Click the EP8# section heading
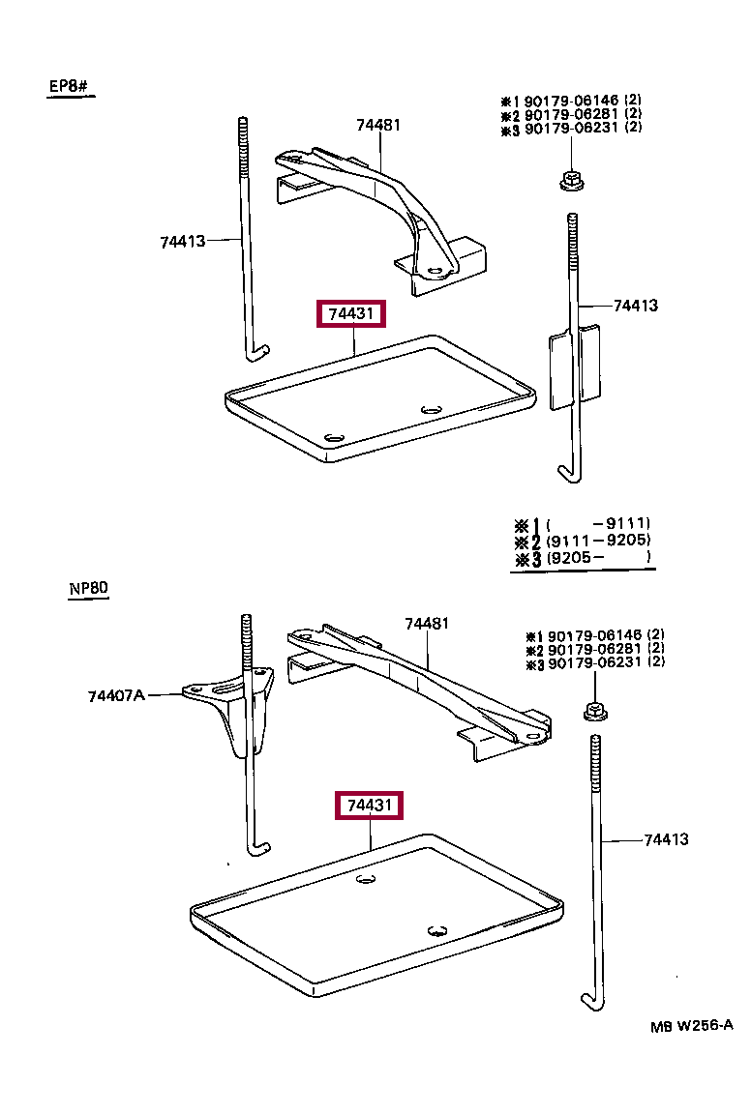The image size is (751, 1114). [x=69, y=87]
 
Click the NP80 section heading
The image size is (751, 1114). [x=88, y=588]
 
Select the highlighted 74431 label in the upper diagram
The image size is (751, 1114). [x=351, y=314]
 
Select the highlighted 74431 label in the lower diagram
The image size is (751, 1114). [x=369, y=806]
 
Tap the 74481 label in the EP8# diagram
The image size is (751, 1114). [x=377, y=125]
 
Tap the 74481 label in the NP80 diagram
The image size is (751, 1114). [x=426, y=624]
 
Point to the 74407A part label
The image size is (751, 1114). [x=116, y=694]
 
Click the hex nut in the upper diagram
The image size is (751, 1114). [x=569, y=180]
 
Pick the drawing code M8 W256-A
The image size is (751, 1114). [x=692, y=1026]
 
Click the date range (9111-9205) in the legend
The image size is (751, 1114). [x=598, y=541]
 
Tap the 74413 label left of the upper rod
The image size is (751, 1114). [x=183, y=241]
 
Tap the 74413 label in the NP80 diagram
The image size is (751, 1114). [x=666, y=839]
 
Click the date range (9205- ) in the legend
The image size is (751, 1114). [x=598, y=558]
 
